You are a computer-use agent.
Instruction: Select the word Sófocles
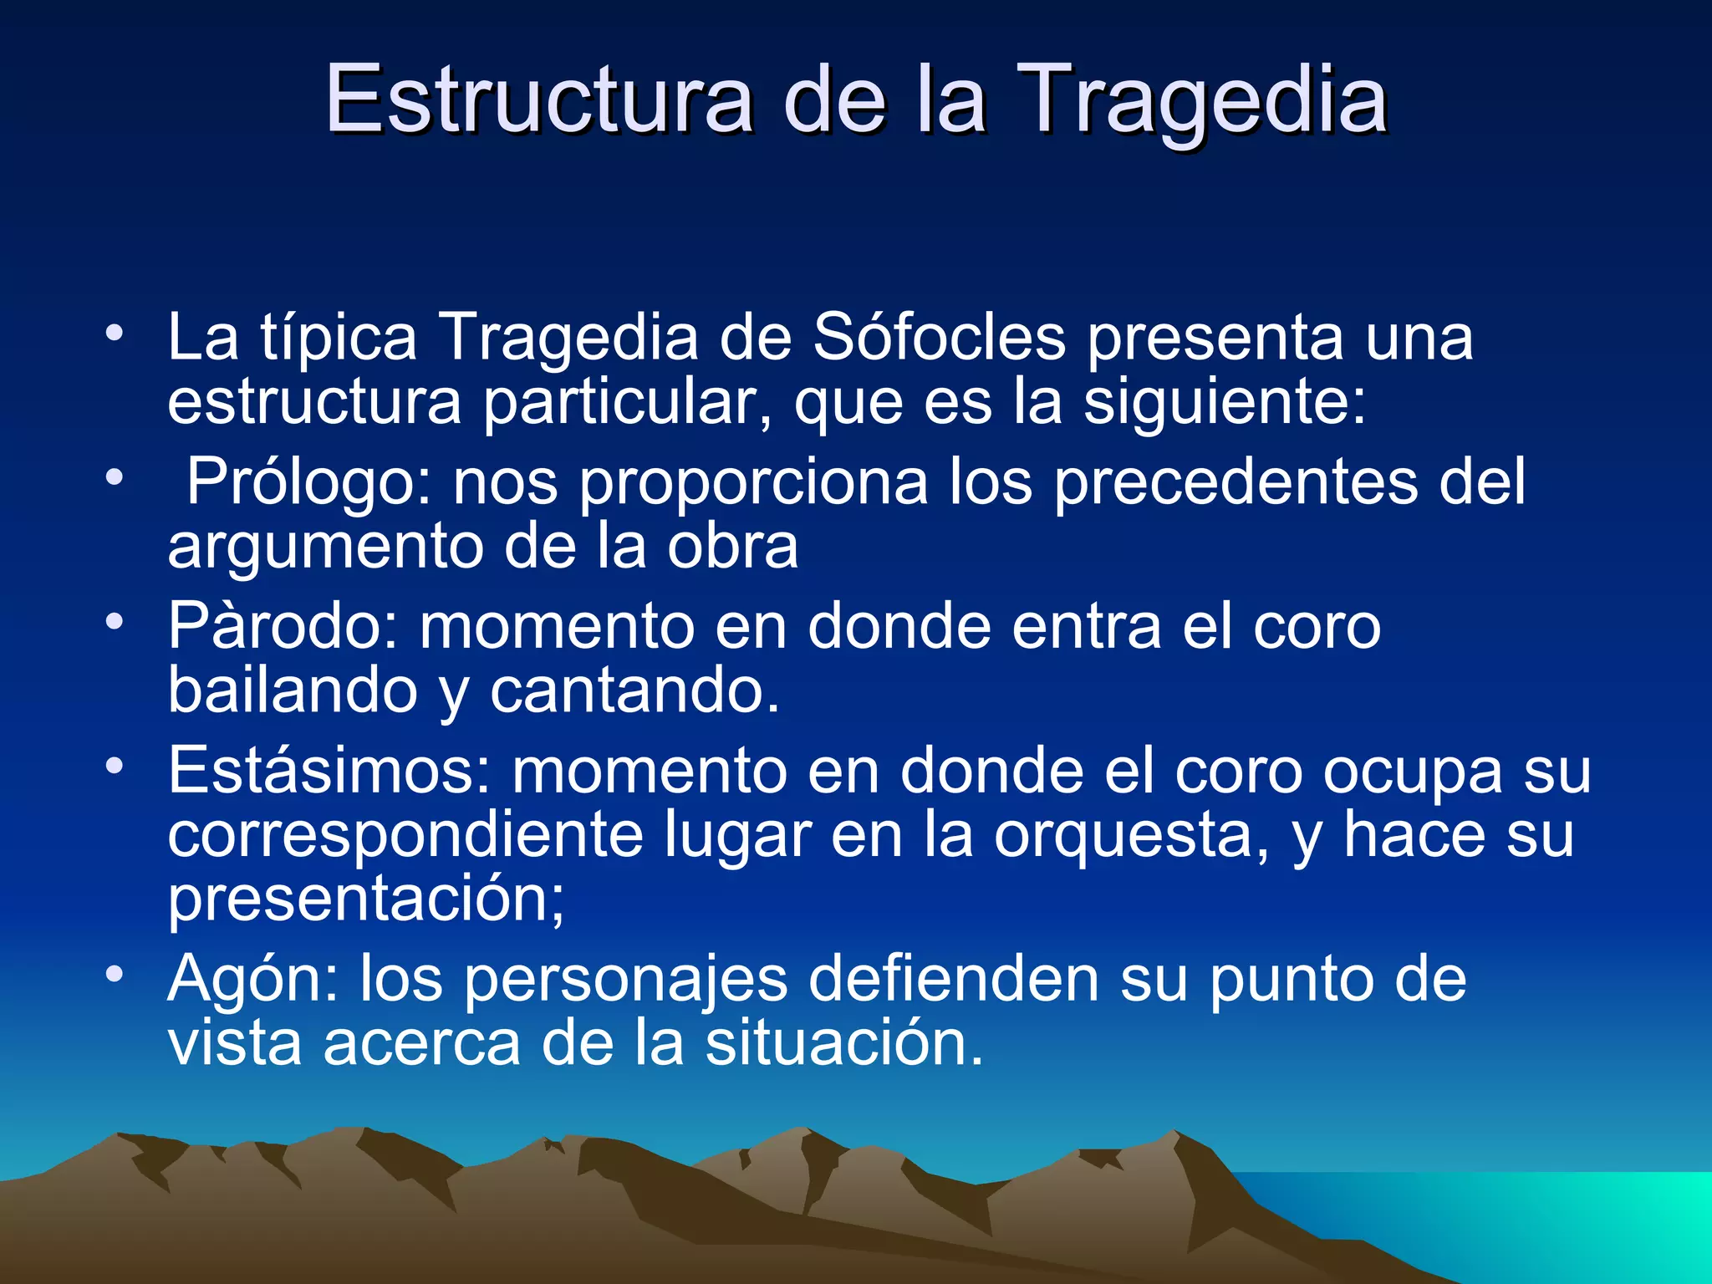(x=940, y=337)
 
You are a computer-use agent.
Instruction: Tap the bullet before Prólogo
(x=115, y=478)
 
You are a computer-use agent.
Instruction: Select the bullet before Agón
(x=115, y=975)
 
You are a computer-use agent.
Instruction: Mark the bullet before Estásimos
(x=115, y=766)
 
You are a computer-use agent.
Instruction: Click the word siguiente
(x=1225, y=402)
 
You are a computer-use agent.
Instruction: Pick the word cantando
(x=634, y=690)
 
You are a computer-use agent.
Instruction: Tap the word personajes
(x=626, y=979)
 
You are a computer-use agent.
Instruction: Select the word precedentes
(x=1236, y=482)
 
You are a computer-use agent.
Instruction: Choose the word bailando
(x=293, y=690)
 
